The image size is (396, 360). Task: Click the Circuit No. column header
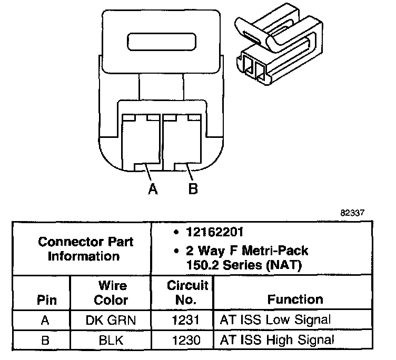(x=188, y=293)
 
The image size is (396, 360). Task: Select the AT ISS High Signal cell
(x=275, y=340)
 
